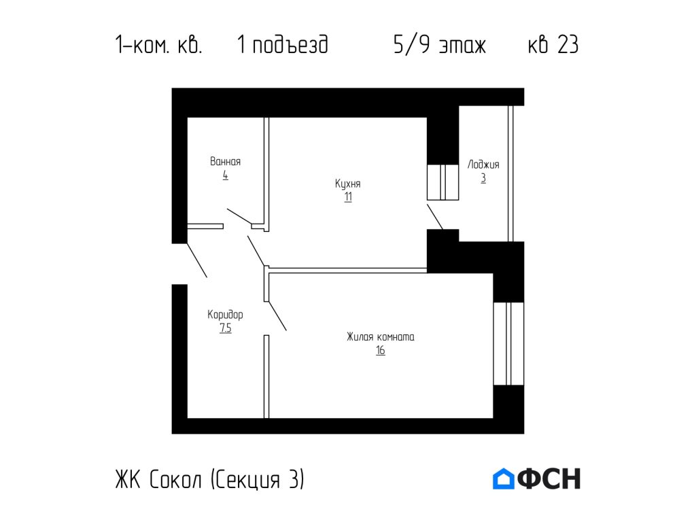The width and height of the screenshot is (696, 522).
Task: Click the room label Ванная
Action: click(225, 162)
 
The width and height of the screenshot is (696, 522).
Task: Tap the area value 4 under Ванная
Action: click(225, 175)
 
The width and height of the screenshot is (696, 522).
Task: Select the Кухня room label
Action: click(347, 184)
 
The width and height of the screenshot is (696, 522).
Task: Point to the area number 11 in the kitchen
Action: click(347, 198)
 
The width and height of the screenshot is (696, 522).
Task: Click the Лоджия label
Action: click(483, 164)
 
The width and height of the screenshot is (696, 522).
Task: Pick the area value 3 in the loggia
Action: click(483, 179)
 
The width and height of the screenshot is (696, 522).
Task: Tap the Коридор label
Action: click(225, 315)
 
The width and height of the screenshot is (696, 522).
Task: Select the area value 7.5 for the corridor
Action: click(225, 329)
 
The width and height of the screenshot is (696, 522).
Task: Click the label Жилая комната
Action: click(380, 336)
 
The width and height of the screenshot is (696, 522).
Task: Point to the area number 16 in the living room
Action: click(380, 351)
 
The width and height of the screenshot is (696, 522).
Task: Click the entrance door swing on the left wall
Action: click(196, 260)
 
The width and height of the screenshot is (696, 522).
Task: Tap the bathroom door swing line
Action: click(239, 216)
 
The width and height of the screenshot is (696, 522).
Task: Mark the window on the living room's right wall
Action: click(508, 343)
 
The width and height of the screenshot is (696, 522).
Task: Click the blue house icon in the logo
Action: click(503, 478)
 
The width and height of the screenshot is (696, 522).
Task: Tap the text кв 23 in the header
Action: click(553, 46)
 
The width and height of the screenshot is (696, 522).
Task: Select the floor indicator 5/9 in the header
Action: click(411, 46)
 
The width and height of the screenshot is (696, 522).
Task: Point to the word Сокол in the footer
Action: click(176, 479)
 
